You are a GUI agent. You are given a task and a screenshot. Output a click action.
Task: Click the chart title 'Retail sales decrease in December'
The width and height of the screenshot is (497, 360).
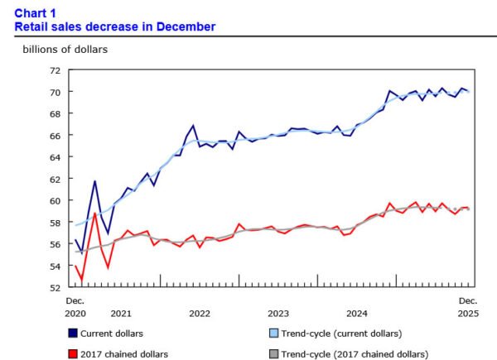pyautogui.click(x=115, y=26)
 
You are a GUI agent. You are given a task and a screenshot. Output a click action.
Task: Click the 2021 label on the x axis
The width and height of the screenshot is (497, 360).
pyautogui.click(x=121, y=314)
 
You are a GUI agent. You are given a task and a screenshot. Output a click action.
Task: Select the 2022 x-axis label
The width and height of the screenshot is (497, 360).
pyautogui.click(x=200, y=314)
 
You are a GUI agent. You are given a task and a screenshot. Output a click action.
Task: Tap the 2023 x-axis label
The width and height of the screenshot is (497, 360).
pyautogui.click(x=278, y=314)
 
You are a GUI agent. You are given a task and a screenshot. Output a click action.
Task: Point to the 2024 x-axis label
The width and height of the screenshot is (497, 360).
pyautogui.click(x=357, y=314)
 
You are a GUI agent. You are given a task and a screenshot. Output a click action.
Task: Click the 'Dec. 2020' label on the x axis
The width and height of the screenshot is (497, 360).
pyautogui.click(x=77, y=307)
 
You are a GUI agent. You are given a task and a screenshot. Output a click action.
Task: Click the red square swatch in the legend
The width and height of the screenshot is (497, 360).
pyautogui.click(x=74, y=353)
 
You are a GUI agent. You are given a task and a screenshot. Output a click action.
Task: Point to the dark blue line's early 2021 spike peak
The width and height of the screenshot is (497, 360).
pyautogui.click(x=95, y=180)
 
